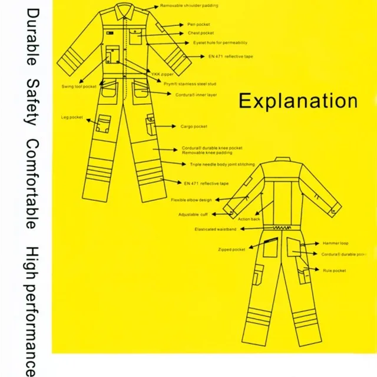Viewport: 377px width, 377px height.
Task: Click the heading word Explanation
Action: (297, 101)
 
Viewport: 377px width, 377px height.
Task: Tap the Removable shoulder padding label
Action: (189, 5)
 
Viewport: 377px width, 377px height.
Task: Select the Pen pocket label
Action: (199, 25)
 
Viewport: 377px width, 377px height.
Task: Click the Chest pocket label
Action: (201, 33)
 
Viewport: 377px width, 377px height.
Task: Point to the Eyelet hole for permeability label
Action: (220, 43)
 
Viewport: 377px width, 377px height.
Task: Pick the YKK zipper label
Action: (163, 74)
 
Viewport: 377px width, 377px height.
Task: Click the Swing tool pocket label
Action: (79, 87)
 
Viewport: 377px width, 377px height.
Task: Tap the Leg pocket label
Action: (72, 117)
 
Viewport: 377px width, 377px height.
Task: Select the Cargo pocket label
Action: (194, 127)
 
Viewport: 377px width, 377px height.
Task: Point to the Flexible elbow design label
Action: (191, 200)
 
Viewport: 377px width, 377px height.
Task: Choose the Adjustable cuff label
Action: (194, 214)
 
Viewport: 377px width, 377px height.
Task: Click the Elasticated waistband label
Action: (216, 229)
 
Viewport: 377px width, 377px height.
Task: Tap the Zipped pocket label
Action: (231, 250)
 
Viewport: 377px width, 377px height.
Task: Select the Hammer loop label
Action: (335, 243)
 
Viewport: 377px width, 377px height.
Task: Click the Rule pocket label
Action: (334, 270)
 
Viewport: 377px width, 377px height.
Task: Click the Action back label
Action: (249, 219)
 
